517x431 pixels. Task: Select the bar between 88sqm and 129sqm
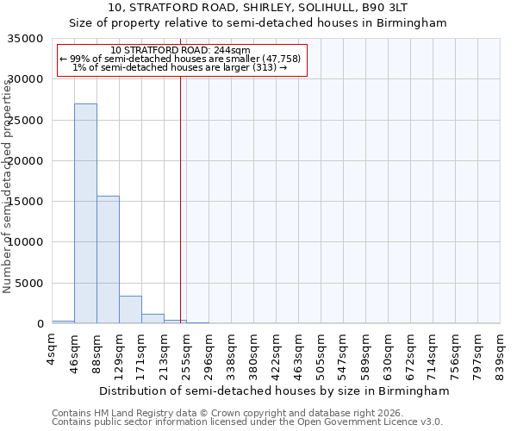[x=108, y=259]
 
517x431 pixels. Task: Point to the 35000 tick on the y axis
[x=27, y=39]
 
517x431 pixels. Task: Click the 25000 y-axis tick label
[x=27, y=121]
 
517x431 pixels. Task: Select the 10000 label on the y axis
[x=27, y=242]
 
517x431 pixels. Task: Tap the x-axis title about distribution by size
[x=274, y=390]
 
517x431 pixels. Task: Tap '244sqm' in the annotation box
[x=234, y=50]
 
